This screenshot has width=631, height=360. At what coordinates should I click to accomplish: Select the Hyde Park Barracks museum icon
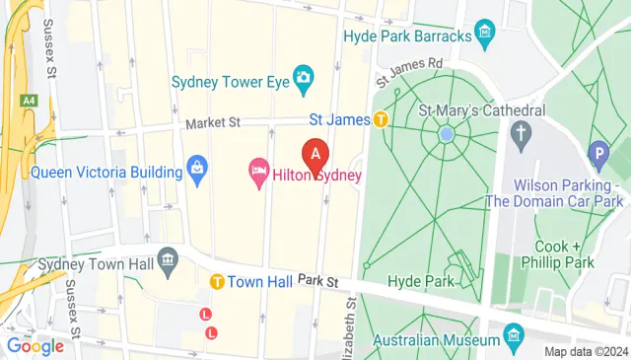click(484, 36)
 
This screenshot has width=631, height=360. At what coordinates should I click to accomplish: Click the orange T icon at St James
click(381, 120)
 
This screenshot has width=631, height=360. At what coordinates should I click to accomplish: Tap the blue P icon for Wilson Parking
click(596, 153)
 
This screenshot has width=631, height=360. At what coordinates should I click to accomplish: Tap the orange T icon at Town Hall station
click(216, 281)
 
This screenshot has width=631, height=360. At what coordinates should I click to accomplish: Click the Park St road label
click(317, 281)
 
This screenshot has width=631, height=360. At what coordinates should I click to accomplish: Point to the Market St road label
click(213, 124)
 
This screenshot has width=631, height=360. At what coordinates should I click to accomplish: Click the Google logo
click(35, 345)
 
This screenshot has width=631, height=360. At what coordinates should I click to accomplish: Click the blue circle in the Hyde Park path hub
click(446, 133)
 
